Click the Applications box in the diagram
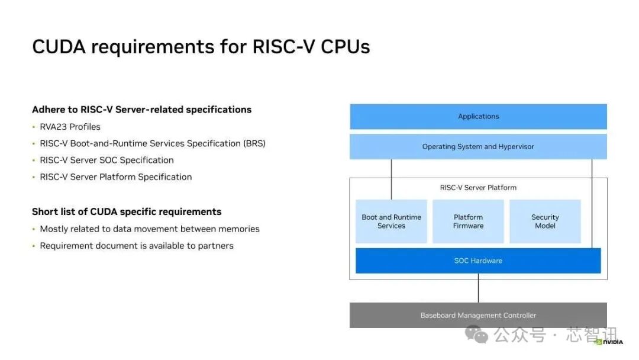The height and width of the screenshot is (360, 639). (x=478, y=117)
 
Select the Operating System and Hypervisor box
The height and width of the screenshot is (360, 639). (x=478, y=146)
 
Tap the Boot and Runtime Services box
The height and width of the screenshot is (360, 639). (x=391, y=221)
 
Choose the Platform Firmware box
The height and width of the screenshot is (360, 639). (x=468, y=221)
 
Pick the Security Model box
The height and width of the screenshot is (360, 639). (x=545, y=221)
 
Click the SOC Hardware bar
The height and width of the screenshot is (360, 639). (x=478, y=261)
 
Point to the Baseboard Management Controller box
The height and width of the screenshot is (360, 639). (x=478, y=315)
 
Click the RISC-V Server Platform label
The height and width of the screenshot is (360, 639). (x=478, y=188)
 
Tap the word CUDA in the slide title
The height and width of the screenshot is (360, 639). (x=59, y=46)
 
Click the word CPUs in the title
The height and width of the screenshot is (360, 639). (x=345, y=46)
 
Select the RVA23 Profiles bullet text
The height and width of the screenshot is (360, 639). (x=70, y=127)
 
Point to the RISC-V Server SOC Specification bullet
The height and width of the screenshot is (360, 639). (x=106, y=160)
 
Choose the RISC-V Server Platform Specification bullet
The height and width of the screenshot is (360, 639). (x=116, y=177)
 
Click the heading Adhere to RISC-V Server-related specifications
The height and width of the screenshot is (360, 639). (x=142, y=110)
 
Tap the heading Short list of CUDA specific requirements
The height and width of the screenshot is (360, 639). (x=127, y=211)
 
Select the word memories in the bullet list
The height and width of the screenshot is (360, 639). (x=239, y=229)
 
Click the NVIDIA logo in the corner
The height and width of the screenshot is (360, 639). (x=609, y=342)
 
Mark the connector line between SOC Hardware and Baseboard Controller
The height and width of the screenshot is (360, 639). (x=478, y=288)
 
